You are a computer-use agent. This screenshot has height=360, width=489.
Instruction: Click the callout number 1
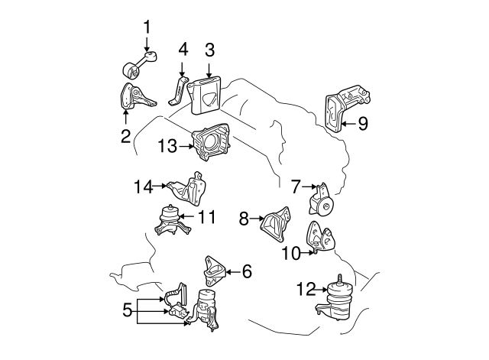point(147,28)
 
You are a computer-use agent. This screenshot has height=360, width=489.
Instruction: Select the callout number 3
point(209,50)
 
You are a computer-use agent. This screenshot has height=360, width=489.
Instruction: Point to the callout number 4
point(183,50)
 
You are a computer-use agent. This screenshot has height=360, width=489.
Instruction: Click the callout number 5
point(127,310)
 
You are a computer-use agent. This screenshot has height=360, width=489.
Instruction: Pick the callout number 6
point(246,270)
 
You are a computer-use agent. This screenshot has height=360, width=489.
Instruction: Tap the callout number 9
point(363,122)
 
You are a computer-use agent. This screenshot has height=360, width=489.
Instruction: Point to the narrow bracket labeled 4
point(177,90)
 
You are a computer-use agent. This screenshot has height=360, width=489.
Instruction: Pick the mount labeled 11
point(168,223)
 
